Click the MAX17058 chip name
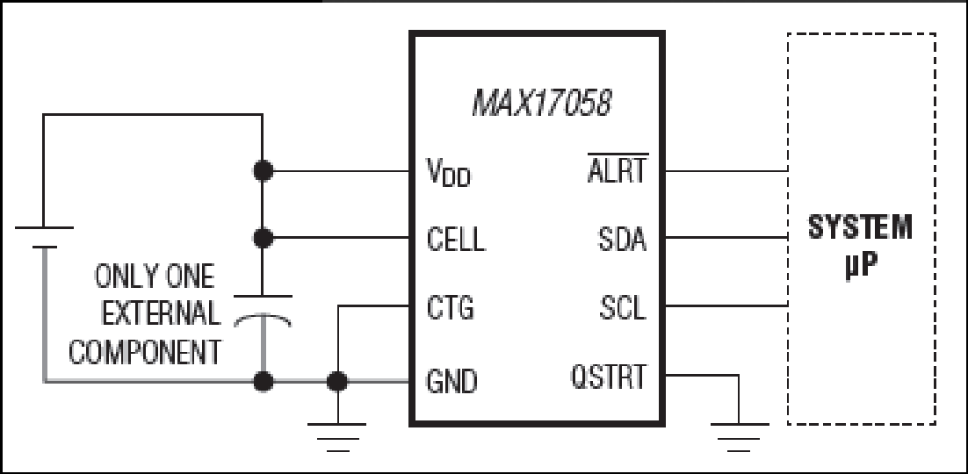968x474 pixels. [x=541, y=103]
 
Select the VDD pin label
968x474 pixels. [x=449, y=172]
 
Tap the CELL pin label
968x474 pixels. [x=456, y=239]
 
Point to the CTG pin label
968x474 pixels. [x=450, y=306]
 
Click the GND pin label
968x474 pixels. [x=451, y=381]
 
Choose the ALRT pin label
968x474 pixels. [x=617, y=169]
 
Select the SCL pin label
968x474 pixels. [x=622, y=307]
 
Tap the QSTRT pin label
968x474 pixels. [x=609, y=376]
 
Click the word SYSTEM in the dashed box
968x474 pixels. [x=860, y=227]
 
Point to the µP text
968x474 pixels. [x=861, y=268]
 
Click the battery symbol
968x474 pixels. [x=44, y=238]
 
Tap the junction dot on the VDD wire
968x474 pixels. [x=263, y=171]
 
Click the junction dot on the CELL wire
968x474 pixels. [x=263, y=238]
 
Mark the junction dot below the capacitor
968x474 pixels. [x=264, y=382]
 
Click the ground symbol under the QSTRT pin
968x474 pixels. [x=739, y=437]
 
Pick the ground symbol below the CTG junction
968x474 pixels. [x=337, y=437]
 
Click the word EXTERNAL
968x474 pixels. [x=161, y=313]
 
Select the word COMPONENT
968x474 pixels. [x=144, y=352]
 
